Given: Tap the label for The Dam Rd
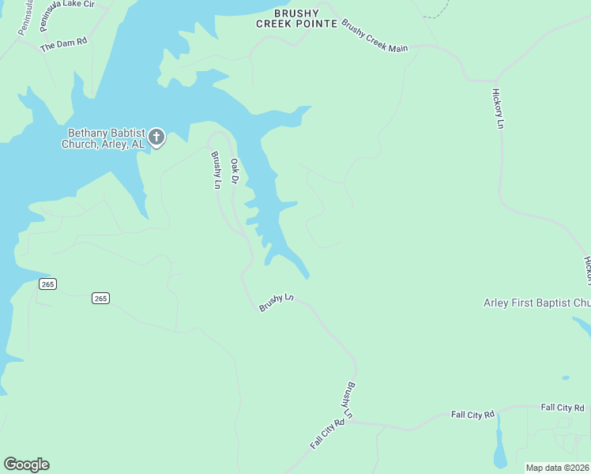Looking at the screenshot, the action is (x=63, y=43).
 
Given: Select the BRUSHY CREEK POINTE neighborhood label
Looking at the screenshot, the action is (x=295, y=19).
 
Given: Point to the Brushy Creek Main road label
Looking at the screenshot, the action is (x=375, y=36).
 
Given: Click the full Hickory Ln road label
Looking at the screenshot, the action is (x=499, y=107).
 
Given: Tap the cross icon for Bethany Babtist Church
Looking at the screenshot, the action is (x=156, y=138).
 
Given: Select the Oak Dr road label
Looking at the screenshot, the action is (x=235, y=171).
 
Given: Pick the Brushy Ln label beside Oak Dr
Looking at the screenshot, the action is (x=216, y=169).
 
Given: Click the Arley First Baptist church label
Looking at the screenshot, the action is (x=536, y=303).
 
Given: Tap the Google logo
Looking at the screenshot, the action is (x=26, y=465).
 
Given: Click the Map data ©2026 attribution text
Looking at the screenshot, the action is (x=558, y=468).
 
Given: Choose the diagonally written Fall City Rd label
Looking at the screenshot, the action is (x=327, y=434).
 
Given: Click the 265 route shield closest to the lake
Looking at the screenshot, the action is (x=47, y=284).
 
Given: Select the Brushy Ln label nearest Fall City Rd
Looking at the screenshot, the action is (x=348, y=401).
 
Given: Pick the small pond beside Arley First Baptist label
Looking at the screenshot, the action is (x=581, y=325).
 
